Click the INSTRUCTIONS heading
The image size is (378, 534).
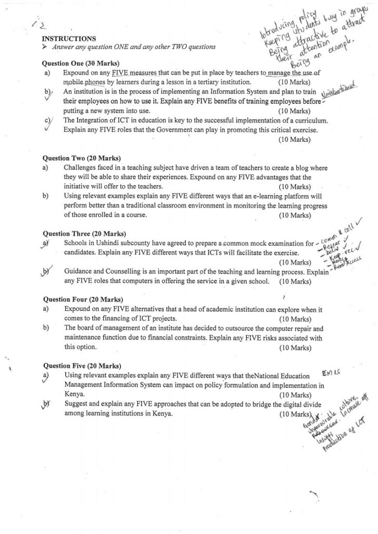pos(68,39)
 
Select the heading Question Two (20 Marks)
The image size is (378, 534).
pos(81,157)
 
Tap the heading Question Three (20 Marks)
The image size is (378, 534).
pos(84,234)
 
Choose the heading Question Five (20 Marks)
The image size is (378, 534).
pos(81,366)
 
